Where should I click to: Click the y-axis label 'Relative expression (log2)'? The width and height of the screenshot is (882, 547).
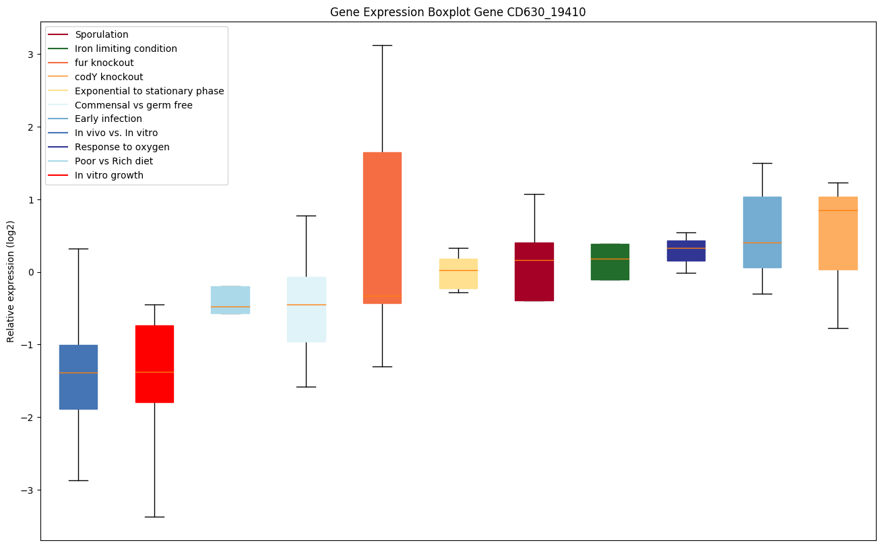tap(11, 281)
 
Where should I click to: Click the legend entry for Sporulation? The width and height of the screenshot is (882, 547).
tap(102, 34)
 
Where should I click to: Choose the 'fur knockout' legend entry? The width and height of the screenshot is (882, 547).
tap(104, 63)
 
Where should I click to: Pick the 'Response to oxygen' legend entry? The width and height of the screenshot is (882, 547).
tap(122, 147)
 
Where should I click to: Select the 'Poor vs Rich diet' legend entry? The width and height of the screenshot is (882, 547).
tap(114, 161)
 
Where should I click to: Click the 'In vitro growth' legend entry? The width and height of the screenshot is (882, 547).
tap(109, 175)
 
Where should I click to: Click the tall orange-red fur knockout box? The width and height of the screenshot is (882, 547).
tap(382, 202)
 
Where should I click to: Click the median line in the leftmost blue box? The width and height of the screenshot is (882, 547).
tap(78, 373)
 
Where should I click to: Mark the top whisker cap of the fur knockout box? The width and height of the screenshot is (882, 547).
tap(382, 45)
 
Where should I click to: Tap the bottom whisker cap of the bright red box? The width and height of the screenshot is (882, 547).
tap(154, 517)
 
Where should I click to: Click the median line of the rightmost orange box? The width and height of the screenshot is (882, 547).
tap(838, 210)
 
